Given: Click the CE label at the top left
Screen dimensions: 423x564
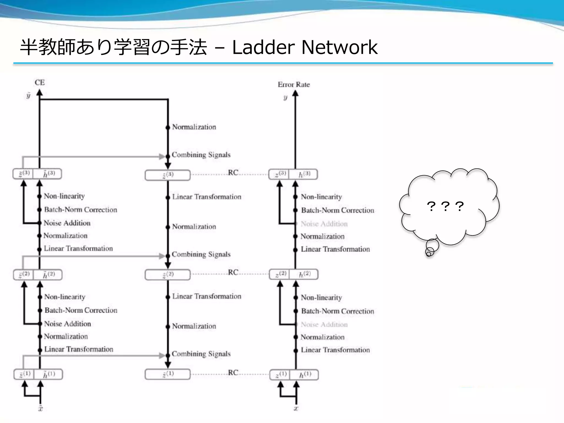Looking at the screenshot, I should tap(40, 82).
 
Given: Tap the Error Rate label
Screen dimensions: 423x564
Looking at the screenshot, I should tap(294, 85).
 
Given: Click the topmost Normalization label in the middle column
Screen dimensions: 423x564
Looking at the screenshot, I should tap(194, 127).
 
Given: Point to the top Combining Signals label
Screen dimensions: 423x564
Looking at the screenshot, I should tap(201, 155).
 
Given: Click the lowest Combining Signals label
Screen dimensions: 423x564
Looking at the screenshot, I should tap(201, 354).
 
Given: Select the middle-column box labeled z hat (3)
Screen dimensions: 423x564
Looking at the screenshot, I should tap(167, 175).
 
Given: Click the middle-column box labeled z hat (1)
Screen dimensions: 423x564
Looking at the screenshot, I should tap(167, 374).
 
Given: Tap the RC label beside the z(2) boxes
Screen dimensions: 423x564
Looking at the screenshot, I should tap(233, 272).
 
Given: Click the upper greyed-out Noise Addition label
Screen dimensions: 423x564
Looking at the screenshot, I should tap(324, 224).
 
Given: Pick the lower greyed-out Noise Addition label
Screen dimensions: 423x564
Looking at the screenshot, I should tap(324, 325).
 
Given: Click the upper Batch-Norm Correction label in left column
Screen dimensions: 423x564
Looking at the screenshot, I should tap(80, 210).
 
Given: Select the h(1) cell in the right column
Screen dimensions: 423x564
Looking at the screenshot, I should tap(305, 375).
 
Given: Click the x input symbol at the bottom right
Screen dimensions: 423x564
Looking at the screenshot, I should tap(296, 408).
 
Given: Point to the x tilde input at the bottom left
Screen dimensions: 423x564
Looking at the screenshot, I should tap(40, 408).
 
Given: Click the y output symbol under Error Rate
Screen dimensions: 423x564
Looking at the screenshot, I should tap(285, 97).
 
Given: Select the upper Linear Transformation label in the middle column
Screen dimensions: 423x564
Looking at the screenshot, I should tap(207, 197).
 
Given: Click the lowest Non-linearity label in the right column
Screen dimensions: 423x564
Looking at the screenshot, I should tap(321, 298).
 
